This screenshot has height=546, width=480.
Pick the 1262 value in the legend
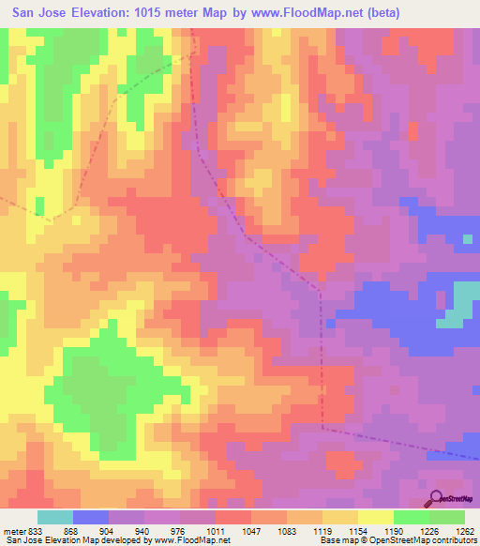pos(462,531)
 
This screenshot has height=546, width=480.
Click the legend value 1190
pos(392,531)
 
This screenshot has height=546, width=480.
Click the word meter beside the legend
pos(11,531)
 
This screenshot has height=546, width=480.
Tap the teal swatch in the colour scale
pos(55,517)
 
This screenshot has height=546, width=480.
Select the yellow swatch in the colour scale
pos(376,517)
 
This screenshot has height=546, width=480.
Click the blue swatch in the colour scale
pos(91,517)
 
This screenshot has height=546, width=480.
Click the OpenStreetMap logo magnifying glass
pos(436,496)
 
